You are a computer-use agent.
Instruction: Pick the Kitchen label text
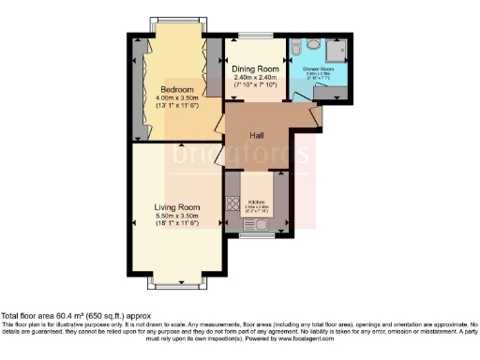pos(256,201)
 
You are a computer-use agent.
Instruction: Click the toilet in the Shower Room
pos(296,46)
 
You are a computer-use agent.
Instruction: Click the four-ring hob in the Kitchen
pos(232,202)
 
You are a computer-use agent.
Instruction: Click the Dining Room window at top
pos(255,36)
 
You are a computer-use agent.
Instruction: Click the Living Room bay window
pos(176,280)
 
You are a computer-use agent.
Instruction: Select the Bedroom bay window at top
pos(176,24)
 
